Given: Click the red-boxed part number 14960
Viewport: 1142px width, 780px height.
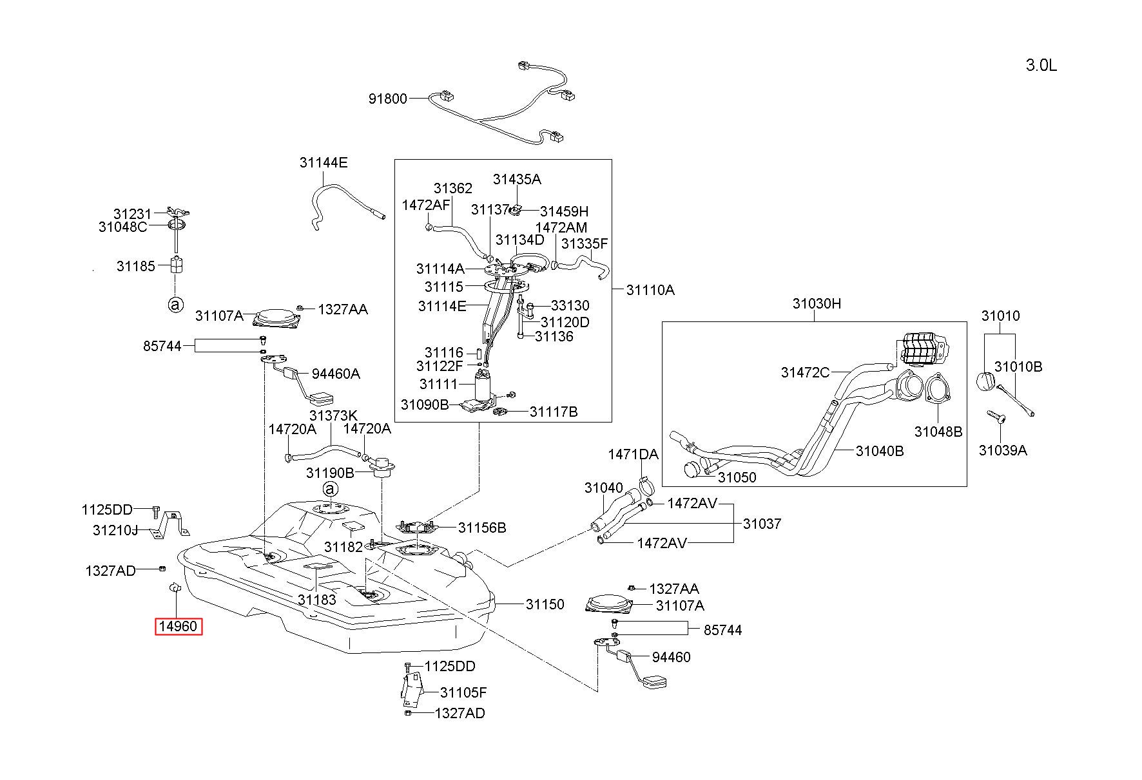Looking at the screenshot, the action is [x=179, y=626].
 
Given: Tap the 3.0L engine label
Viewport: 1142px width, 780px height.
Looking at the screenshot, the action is [x=1041, y=66].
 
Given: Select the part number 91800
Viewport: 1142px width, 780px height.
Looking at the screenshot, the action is [x=388, y=99].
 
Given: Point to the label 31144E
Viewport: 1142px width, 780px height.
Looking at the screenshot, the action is [x=324, y=163].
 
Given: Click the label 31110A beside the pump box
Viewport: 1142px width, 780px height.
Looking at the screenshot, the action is [x=650, y=290].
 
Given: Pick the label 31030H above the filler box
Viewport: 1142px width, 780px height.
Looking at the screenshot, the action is [x=817, y=304].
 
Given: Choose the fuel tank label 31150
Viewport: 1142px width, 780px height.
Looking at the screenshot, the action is [x=545, y=604].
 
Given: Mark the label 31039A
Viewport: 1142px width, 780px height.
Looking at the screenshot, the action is [x=1003, y=451].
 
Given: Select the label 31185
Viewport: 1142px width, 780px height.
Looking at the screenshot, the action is [x=136, y=266].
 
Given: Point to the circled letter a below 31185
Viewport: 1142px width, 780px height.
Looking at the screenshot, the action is [x=175, y=305].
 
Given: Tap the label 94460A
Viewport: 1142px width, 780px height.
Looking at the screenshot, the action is [x=336, y=374].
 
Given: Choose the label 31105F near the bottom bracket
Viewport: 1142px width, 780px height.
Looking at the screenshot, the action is [x=463, y=692].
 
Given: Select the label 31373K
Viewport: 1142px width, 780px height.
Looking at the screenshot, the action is [x=333, y=415].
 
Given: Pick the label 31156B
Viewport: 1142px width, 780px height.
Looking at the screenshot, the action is [x=482, y=528].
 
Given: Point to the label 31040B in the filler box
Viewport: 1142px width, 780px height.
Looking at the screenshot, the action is [x=880, y=452].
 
